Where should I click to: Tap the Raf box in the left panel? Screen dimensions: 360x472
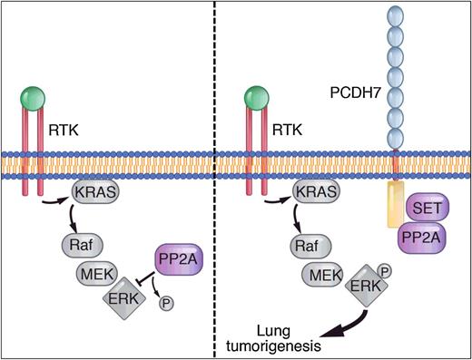click(x=81, y=243)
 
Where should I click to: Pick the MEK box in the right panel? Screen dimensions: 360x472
click(x=313, y=269)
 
